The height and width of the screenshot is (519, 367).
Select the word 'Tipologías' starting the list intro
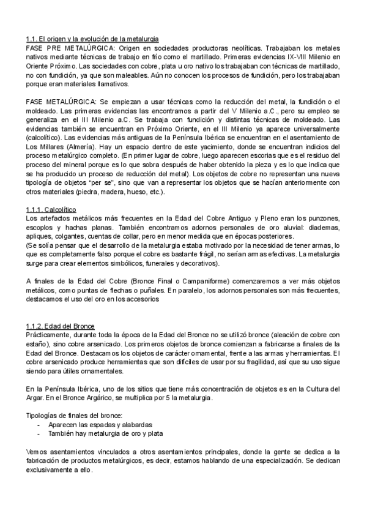click(43, 416)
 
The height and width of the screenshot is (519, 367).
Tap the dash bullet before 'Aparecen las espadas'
click(39, 424)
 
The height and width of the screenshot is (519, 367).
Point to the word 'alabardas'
click(136, 424)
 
